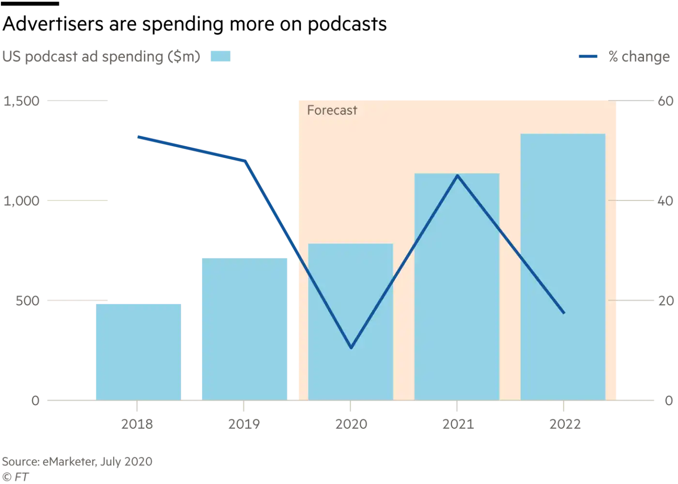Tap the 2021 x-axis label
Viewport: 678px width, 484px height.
point(458,424)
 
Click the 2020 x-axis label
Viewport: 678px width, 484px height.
point(351,424)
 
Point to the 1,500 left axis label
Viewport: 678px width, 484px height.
point(21,101)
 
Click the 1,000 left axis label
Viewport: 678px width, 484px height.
point(21,201)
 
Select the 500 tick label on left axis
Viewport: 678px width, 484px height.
point(27,301)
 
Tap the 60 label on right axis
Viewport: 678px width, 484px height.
point(665,101)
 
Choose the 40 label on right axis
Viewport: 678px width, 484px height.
point(665,201)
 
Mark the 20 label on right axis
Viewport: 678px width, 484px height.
point(665,301)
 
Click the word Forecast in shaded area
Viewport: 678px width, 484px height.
point(332,110)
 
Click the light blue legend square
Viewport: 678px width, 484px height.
point(220,57)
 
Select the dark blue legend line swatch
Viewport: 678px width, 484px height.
point(588,57)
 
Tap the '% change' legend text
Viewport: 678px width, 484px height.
point(639,57)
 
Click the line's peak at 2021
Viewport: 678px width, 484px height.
point(458,175)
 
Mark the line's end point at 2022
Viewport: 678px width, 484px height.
point(564,313)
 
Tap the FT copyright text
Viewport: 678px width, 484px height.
point(15,477)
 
